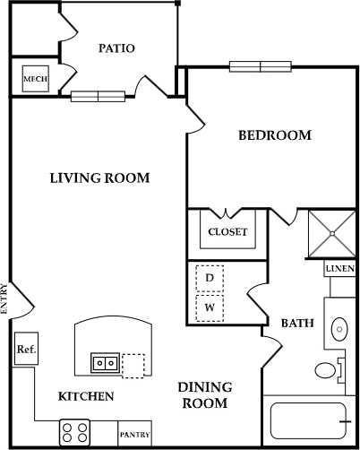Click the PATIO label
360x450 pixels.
(x=116, y=48)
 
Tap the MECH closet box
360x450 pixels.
(x=35, y=79)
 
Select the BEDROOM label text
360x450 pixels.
(x=274, y=135)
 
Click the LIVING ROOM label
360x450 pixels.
(x=99, y=177)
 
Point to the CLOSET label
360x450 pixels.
(x=227, y=232)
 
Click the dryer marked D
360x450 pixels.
(x=210, y=278)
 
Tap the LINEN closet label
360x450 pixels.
(x=340, y=269)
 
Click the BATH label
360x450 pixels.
(x=296, y=324)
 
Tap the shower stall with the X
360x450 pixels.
(x=332, y=233)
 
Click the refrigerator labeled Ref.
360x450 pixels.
(x=25, y=350)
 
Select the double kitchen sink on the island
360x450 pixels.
(x=103, y=363)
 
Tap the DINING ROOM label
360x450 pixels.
(x=204, y=394)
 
